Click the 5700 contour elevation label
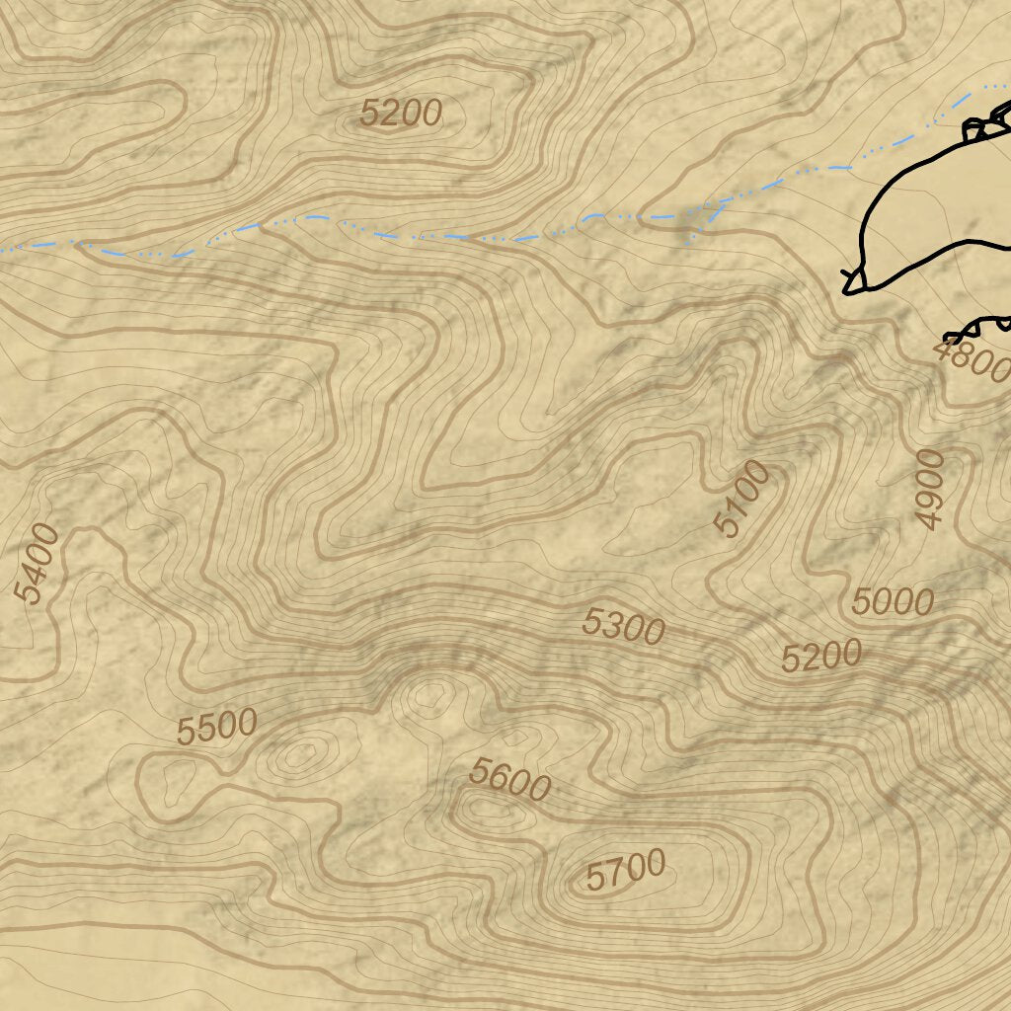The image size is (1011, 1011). point(626,871)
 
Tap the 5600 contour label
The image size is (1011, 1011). point(509,780)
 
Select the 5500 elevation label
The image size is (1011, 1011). point(217,727)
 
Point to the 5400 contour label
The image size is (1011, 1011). point(38,563)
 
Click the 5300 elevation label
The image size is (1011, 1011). point(623,626)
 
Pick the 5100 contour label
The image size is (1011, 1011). point(743,498)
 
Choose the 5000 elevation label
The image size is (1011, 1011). point(894,600)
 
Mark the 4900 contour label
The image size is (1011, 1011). point(930,489)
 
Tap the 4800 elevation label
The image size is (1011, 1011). point(972,360)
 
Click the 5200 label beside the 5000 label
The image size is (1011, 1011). point(821,657)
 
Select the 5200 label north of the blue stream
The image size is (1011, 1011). point(400,114)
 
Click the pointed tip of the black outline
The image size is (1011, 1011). point(847,289)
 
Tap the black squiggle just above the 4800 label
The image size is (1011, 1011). point(977,328)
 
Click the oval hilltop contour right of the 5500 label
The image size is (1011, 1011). point(300,756)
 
